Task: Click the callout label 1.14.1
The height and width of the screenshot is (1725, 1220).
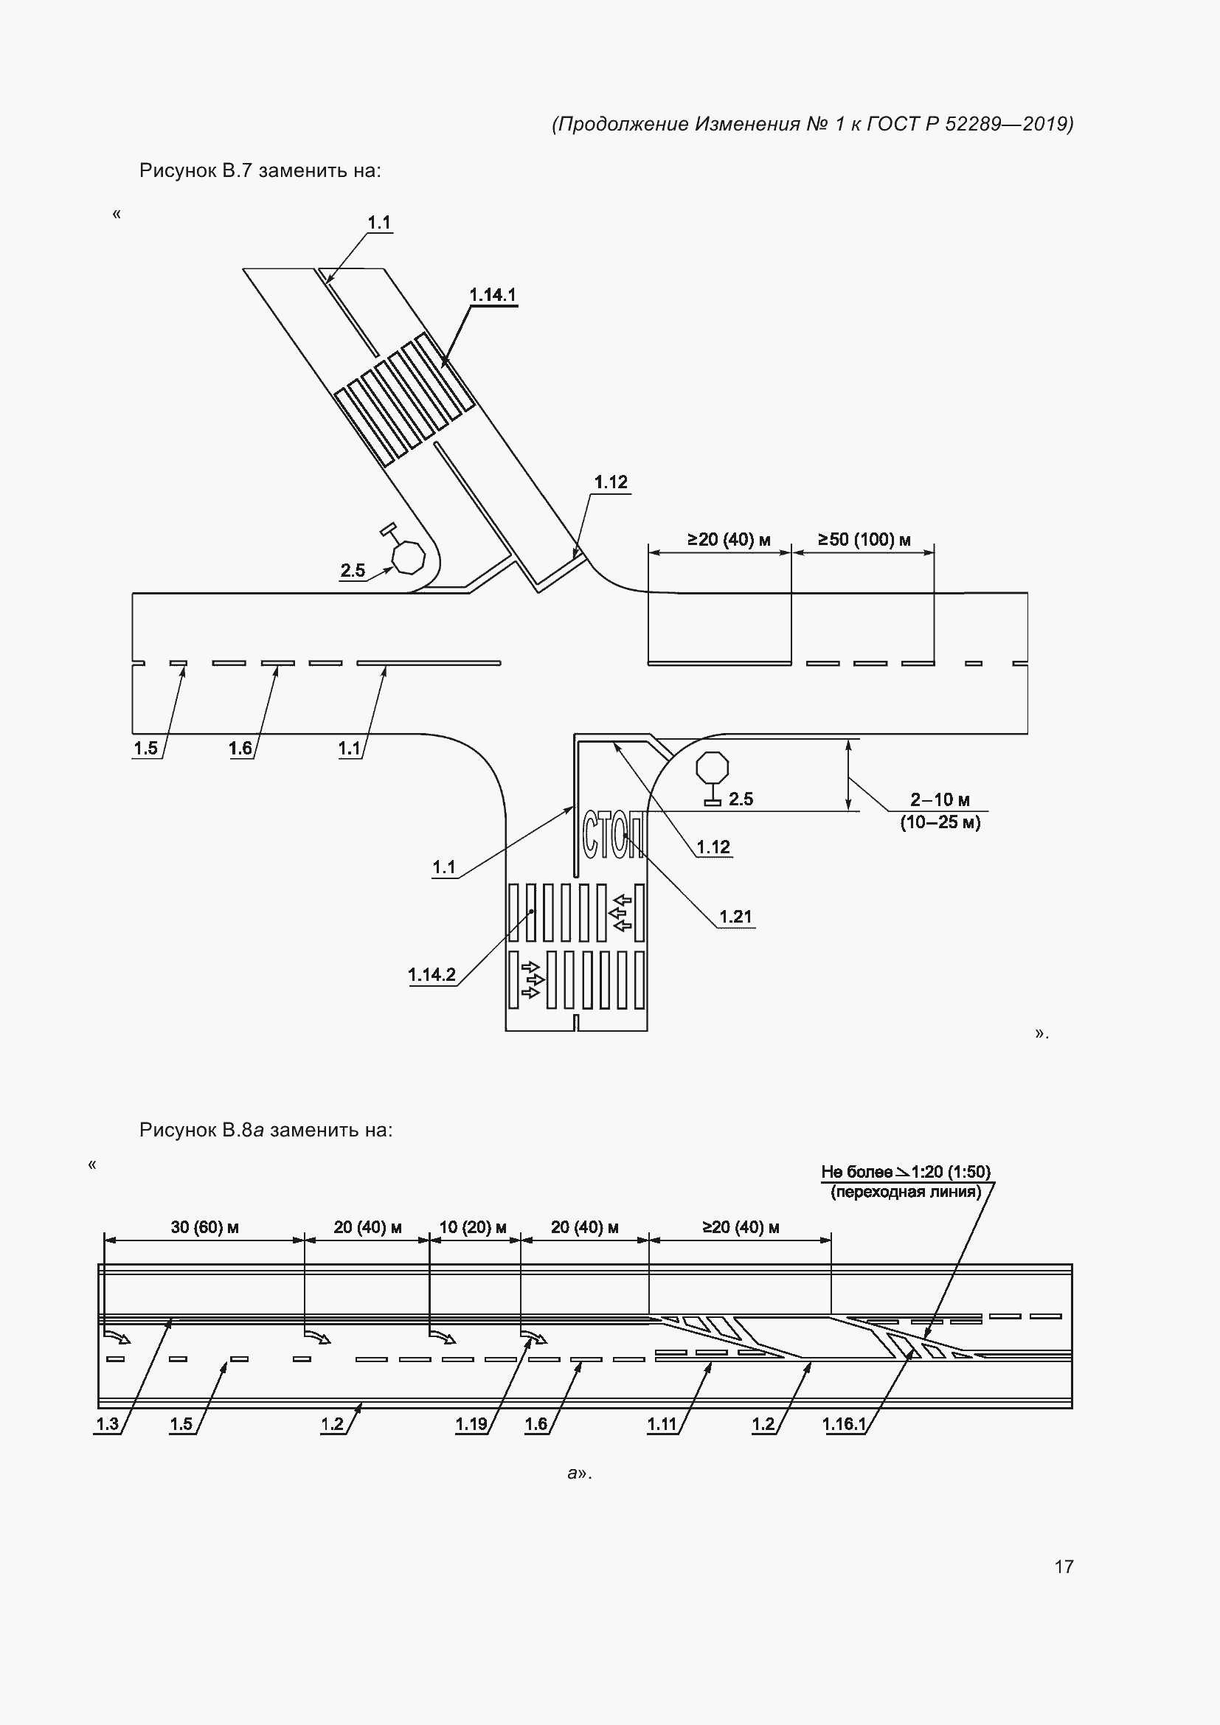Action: coord(493,294)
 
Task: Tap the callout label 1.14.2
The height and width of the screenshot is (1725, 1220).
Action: coord(432,974)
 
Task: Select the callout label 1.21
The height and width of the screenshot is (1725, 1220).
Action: coord(735,917)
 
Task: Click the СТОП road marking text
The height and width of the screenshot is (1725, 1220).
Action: coord(613,835)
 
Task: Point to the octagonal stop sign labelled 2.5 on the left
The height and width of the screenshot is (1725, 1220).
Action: coord(409,557)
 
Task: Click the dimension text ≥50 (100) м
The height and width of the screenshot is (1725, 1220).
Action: coord(864,539)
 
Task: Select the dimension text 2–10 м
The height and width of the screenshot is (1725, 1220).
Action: coord(940,799)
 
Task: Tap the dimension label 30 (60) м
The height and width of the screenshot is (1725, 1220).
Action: coord(204,1227)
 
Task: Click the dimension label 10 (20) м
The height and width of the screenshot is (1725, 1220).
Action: coord(473,1227)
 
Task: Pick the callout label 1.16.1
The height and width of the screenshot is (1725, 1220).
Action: coord(845,1423)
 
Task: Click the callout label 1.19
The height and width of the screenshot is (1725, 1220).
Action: coord(472,1423)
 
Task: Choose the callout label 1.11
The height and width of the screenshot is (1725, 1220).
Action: coord(662,1423)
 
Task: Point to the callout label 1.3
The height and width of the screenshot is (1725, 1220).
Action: coord(108,1423)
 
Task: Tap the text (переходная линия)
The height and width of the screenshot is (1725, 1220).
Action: coord(906,1193)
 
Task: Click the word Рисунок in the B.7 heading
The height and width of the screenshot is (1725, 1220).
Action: coord(177,171)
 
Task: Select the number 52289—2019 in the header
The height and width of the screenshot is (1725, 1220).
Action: coord(1009,124)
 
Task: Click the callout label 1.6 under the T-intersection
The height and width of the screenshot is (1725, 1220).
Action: coord(240,749)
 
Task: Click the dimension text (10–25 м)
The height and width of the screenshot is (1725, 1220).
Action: coord(940,823)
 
